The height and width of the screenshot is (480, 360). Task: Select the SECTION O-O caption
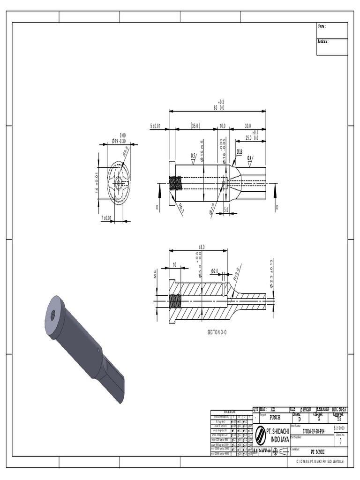[217, 332]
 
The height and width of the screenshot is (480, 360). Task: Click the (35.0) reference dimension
[195, 126]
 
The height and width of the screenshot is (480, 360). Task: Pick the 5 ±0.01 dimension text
[156, 126]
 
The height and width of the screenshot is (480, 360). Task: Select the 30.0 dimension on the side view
[247, 126]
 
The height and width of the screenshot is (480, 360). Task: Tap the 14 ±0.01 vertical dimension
[97, 182]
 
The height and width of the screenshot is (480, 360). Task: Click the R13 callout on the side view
[240, 152]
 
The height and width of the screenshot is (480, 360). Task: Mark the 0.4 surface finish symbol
[250, 158]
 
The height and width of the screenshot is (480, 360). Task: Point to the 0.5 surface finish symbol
[194, 156]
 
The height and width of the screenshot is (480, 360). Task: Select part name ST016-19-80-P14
[314, 431]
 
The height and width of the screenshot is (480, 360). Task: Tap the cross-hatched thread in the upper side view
[176, 183]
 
